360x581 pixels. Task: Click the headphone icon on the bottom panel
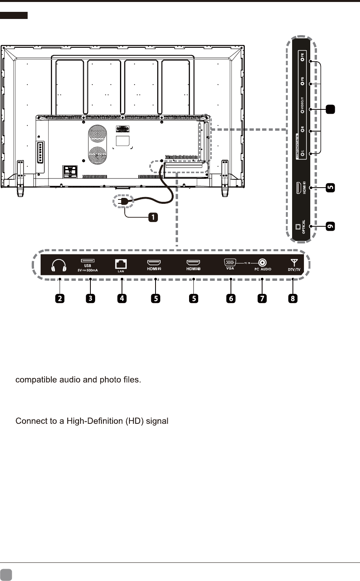tap(58, 265)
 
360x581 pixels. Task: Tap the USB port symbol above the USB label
tap(87, 261)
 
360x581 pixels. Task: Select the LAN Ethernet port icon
tap(121, 263)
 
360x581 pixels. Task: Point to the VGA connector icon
tap(230, 262)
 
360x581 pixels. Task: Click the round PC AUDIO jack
tap(262, 262)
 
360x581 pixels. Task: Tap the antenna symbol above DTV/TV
tap(293, 262)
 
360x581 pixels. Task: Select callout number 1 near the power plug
tap(153, 217)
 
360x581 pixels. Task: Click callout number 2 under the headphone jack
tap(60, 298)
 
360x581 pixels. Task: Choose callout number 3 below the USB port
tap(90, 298)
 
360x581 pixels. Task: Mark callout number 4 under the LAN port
tap(122, 298)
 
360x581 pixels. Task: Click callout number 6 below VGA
tap(231, 298)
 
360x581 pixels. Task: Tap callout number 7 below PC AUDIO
tap(262, 298)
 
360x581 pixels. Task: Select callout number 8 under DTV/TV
tap(292, 298)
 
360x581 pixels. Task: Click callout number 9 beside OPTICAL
tap(330, 226)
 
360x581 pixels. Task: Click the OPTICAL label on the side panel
tap(304, 227)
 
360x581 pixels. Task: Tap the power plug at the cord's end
tap(122, 201)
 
